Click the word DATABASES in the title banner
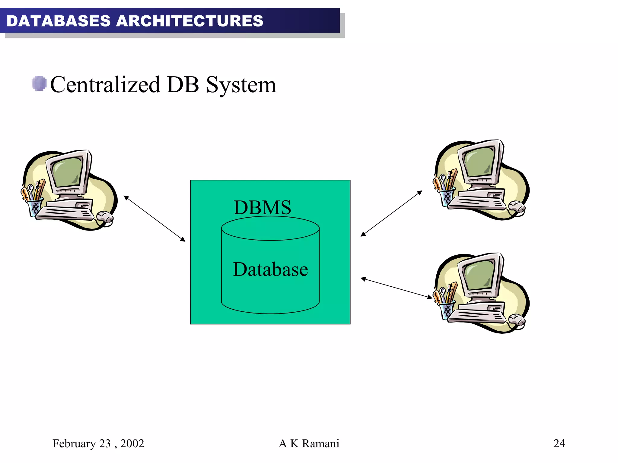(59, 21)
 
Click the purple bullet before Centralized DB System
(39, 83)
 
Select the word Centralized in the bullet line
(105, 85)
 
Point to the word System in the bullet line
(241, 85)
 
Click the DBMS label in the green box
(262, 207)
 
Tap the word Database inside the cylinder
(270, 269)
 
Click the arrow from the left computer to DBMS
(154, 219)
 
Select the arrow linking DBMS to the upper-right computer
(391, 213)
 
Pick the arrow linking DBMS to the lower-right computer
(397, 288)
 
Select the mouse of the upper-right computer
(517, 207)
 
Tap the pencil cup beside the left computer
(34, 207)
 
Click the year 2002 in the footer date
(132, 443)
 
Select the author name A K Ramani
(309, 443)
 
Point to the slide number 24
(559, 443)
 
